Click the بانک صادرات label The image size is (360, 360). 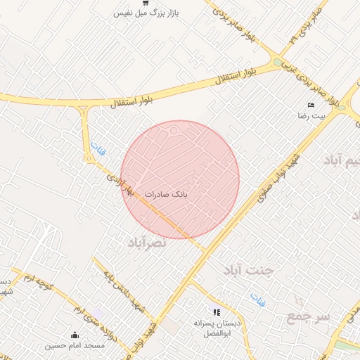(166, 193)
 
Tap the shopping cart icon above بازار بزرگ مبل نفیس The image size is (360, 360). (145, 4)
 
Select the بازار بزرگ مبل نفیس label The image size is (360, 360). (145, 13)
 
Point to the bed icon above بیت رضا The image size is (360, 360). (310, 105)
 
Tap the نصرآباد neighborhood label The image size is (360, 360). (147, 242)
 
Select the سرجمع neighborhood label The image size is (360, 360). (308, 317)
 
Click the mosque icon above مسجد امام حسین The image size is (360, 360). (75, 335)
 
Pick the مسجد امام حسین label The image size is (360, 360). (75, 345)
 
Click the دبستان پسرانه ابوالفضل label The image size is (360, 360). (217, 325)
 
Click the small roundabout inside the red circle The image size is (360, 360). (174, 130)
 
